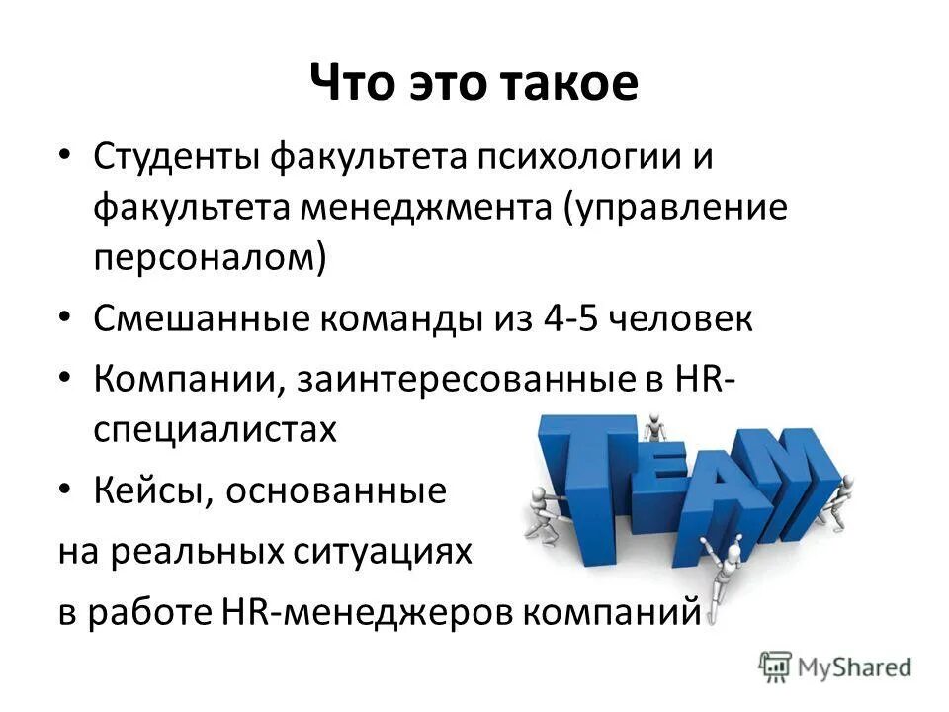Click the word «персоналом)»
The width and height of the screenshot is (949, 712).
(x=210, y=259)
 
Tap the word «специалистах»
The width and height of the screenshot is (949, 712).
(x=216, y=431)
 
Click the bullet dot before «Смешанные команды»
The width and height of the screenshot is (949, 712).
(x=64, y=319)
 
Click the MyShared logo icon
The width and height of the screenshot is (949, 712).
(x=776, y=667)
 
